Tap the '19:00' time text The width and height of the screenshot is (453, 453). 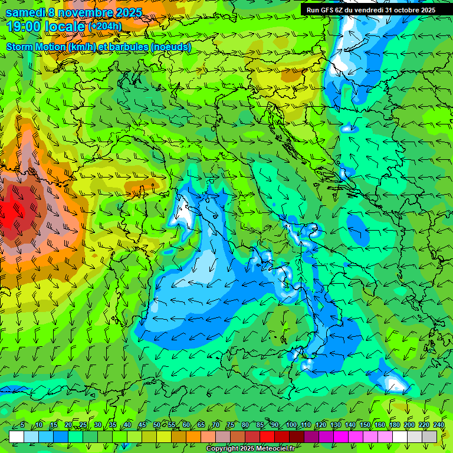24,27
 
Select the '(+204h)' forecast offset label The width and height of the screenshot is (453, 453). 105,27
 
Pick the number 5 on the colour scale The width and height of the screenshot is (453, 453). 22,425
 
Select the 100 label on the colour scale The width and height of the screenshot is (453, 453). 291,425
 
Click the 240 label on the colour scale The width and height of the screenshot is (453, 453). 438,425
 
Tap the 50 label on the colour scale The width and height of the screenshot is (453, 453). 157,425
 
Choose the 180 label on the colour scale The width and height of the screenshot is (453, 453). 394,425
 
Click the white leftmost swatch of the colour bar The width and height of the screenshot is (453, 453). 17,436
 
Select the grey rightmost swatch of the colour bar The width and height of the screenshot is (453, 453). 429,436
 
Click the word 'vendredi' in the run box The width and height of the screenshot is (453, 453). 368,10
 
